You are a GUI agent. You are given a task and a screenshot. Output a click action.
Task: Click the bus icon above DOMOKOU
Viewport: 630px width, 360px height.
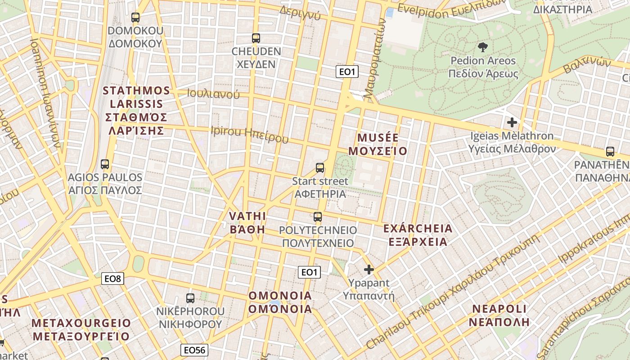tap(135, 18)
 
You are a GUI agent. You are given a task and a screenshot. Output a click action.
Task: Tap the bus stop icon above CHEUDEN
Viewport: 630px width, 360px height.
tap(256, 38)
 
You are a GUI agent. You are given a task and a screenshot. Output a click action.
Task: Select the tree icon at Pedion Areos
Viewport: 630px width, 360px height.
tap(483, 47)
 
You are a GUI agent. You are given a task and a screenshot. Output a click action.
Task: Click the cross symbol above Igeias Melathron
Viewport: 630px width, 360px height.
tap(512, 122)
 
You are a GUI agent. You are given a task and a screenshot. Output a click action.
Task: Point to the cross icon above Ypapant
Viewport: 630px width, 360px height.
tap(369, 270)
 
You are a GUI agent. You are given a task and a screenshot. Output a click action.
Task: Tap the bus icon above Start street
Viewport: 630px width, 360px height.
tap(320, 168)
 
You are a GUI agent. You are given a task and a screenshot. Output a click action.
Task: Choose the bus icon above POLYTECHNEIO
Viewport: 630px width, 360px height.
tap(318, 217)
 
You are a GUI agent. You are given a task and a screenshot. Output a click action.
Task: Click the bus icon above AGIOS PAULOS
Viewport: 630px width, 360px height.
tap(105, 164)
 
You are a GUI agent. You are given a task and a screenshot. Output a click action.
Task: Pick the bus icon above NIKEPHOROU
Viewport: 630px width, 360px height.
tap(190, 298)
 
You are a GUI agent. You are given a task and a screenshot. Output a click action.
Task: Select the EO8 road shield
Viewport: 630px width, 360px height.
tap(112, 279)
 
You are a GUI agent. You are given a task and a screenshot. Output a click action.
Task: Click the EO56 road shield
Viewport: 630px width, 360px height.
tap(195, 350)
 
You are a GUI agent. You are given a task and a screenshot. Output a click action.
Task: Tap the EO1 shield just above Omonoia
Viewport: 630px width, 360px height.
tap(309, 272)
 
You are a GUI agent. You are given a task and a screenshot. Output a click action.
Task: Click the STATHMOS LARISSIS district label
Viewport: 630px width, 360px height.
tap(136, 111)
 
